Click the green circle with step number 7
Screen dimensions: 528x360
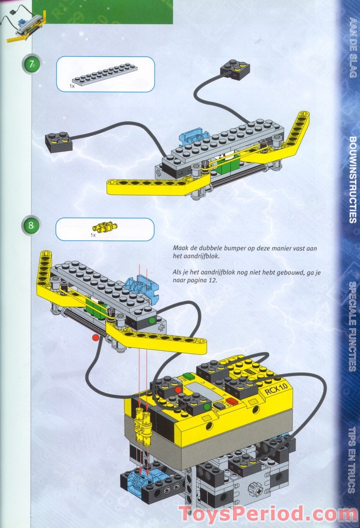(x=31, y=64)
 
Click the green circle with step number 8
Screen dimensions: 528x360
(x=31, y=225)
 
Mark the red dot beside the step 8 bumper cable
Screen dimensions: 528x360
(x=95, y=337)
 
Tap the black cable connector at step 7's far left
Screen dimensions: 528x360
(x=59, y=142)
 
